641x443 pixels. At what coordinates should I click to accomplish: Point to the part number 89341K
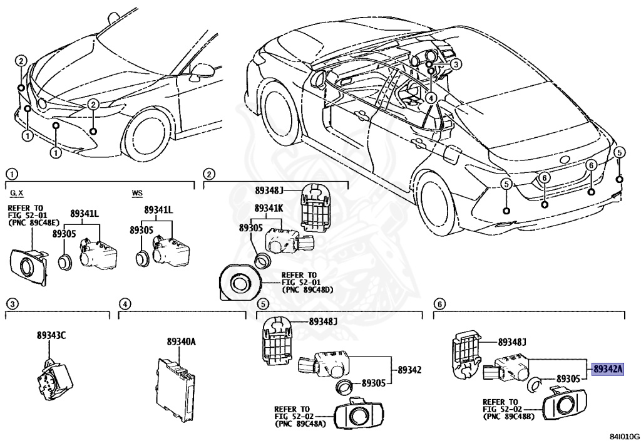click(269, 207)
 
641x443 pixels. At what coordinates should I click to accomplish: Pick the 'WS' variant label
click(137, 193)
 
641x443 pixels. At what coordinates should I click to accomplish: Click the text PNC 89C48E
click(34, 222)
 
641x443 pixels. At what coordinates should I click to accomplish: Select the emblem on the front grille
click(42, 103)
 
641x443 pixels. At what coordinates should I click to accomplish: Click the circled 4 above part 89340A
click(125, 304)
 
